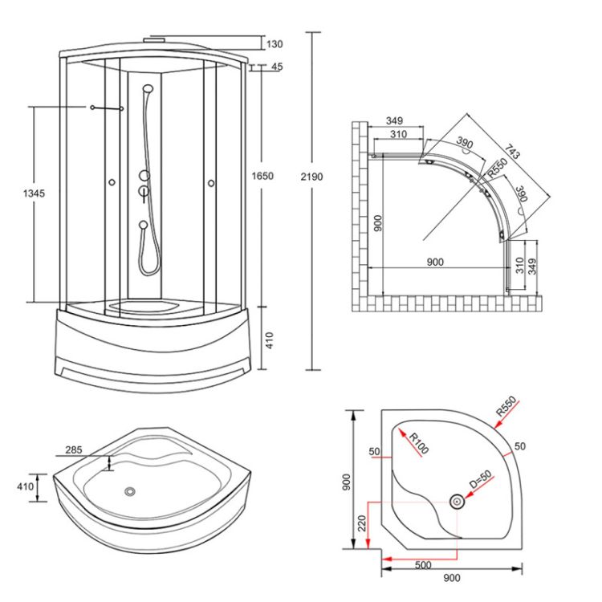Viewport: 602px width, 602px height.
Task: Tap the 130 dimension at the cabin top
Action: (275, 44)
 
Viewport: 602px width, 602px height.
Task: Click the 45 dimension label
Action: (277, 67)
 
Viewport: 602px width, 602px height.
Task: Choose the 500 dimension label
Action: (424, 565)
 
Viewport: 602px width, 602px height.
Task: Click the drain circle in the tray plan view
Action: (456, 502)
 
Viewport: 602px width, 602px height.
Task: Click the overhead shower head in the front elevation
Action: (148, 89)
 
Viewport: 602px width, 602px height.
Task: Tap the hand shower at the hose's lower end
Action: (142, 226)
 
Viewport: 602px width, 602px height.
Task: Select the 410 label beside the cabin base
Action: (270, 340)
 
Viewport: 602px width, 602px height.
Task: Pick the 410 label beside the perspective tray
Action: (24, 487)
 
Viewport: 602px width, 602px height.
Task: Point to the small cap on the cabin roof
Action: (155, 36)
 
